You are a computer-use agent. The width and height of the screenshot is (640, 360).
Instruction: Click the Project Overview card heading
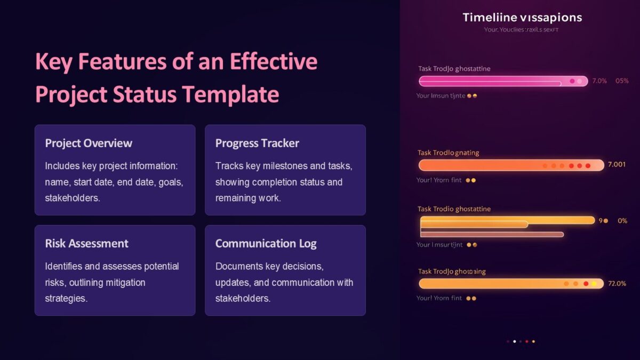[x=89, y=143]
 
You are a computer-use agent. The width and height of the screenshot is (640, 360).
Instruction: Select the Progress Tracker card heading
[x=257, y=143]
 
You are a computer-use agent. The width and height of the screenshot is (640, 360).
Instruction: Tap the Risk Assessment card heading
[x=86, y=244]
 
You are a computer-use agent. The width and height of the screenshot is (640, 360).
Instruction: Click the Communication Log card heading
[x=266, y=244]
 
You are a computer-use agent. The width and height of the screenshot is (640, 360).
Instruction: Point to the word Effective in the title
[x=274, y=62]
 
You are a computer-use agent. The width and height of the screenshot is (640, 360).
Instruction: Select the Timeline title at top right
[x=522, y=18]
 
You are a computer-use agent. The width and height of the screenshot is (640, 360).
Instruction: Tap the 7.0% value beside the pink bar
[x=599, y=81]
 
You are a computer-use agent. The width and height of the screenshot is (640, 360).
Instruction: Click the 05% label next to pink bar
[x=622, y=81]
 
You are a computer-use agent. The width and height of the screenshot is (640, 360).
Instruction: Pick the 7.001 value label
[x=617, y=165]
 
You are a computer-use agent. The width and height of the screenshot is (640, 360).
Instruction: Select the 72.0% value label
[x=617, y=283]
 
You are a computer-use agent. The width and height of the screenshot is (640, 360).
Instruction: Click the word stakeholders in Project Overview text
[x=73, y=198]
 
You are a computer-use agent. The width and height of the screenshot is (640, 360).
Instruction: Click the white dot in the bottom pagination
[x=514, y=341]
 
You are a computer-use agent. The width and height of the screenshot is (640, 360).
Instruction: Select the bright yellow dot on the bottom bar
[x=594, y=284]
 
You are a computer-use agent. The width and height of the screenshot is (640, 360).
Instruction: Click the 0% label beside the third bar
[x=622, y=221]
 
